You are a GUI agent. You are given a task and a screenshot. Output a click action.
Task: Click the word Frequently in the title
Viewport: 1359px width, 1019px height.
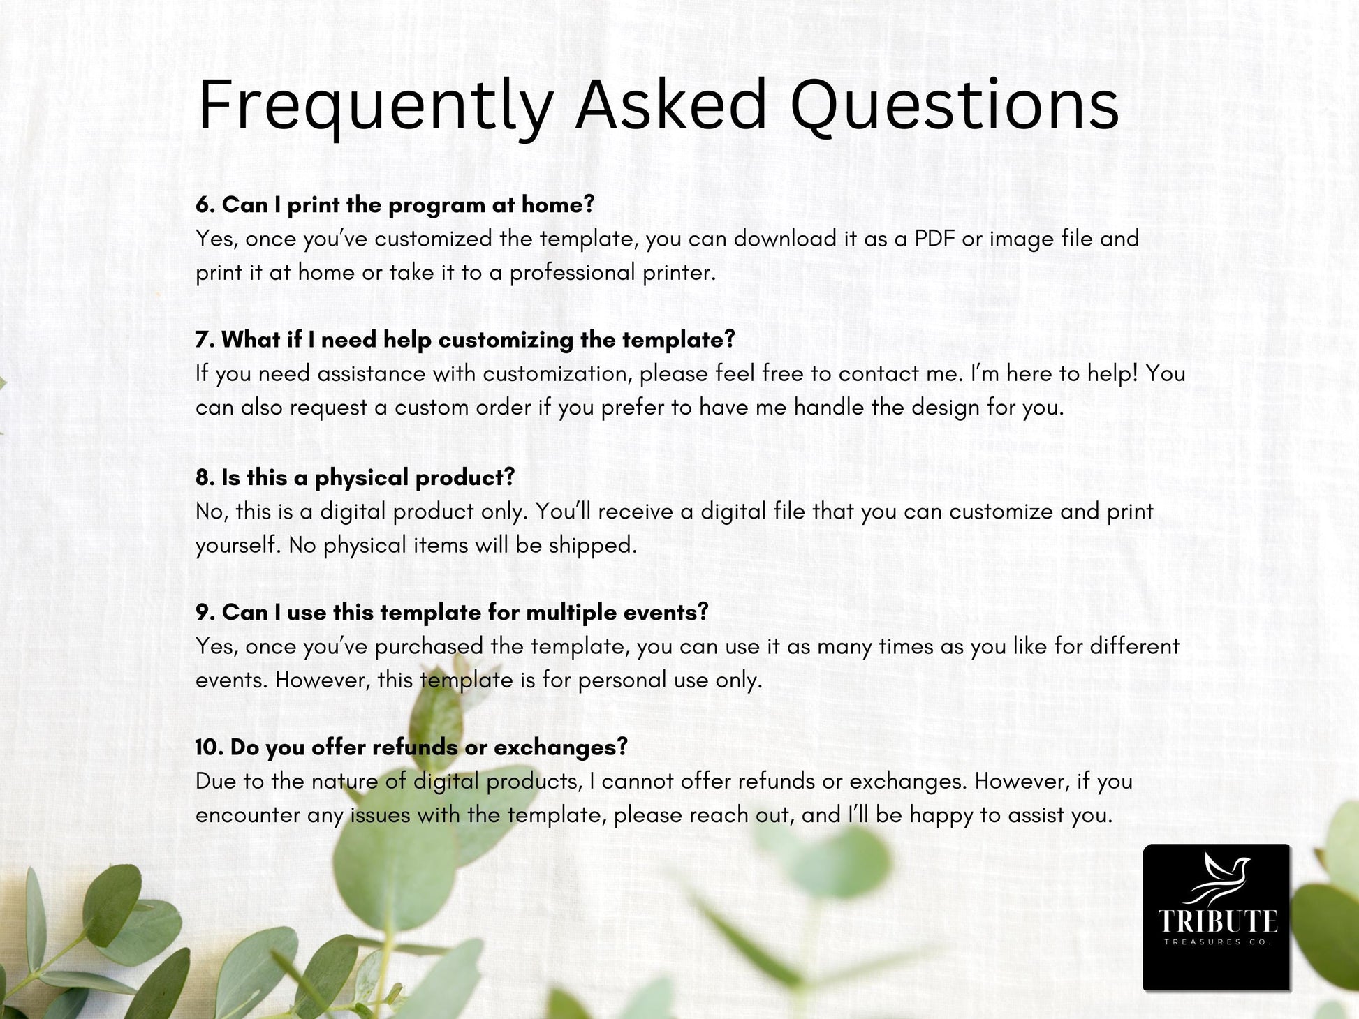coord(376,106)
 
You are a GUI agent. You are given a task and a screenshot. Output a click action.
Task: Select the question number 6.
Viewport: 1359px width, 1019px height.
coord(205,204)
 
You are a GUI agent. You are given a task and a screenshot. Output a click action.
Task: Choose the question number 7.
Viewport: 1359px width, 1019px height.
coord(205,340)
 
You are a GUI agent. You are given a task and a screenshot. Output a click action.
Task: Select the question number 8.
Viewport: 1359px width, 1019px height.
coord(205,477)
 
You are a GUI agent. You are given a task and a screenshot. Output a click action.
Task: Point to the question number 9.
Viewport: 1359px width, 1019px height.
coord(205,613)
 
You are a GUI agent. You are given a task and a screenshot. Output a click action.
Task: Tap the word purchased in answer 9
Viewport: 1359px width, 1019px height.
coord(428,647)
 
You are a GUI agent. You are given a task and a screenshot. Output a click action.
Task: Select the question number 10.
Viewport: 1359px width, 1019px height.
coord(208,747)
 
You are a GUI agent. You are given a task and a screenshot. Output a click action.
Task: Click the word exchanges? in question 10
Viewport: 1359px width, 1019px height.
coord(561,748)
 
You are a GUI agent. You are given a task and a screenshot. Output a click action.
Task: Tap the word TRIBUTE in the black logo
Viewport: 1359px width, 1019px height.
coord(1217,922)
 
